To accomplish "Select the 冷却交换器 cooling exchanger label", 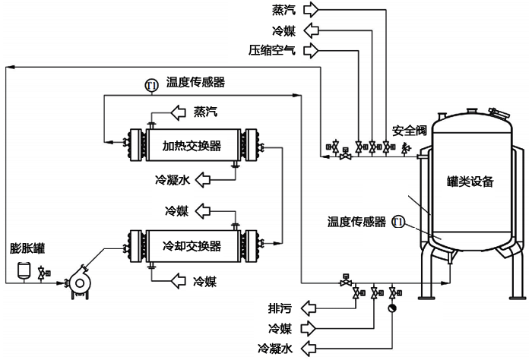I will (192, 246).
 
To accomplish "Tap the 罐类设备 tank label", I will (470, 182).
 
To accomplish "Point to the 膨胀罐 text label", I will (24, 248).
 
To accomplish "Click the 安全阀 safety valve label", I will (410, 130).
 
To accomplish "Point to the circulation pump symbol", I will (78, 280).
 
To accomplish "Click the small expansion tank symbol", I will (24, 268).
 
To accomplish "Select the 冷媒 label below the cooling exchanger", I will (204, 282).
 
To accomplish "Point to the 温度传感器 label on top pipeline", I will (195, 82).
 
